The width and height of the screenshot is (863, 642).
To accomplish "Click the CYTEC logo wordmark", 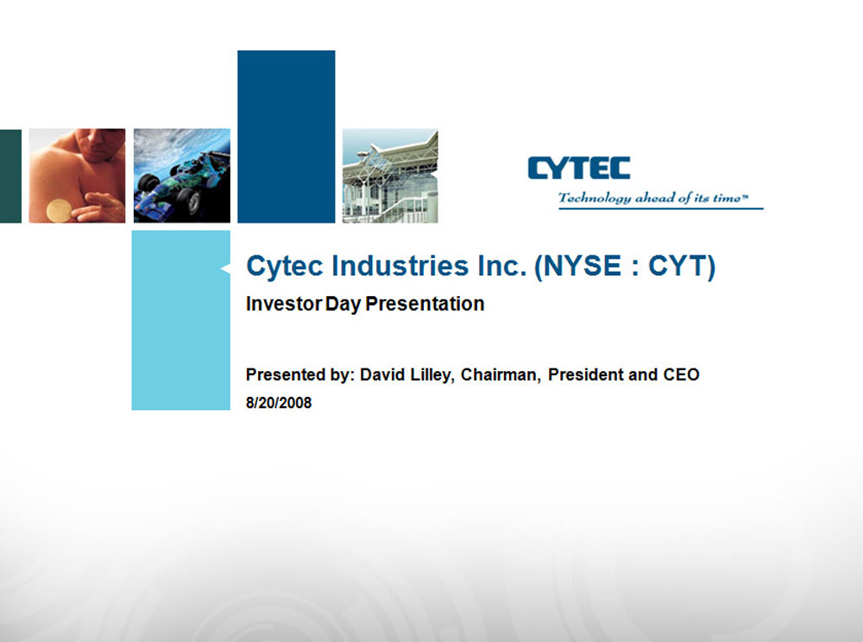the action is coord(579,168).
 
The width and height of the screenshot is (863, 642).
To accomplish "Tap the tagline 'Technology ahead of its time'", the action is coord(653,198).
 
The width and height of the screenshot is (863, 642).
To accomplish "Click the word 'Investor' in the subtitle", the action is coord(283,304).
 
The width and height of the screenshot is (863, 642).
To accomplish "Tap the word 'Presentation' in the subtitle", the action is coord(425,304).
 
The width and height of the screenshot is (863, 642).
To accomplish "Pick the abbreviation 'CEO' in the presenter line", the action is coord(682,374).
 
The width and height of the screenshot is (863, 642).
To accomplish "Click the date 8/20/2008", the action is coord(279,403).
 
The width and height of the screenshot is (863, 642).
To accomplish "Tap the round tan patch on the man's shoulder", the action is coord(59,211).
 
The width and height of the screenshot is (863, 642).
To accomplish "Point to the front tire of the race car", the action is coord(189,202).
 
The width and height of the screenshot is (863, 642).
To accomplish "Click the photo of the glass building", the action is coord(390,176).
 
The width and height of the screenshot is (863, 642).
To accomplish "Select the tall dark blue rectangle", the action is coord(287,136).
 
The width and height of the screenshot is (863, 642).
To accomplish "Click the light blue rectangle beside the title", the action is coord(181,320).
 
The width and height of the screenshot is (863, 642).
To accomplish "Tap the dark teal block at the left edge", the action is coord(10,176).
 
